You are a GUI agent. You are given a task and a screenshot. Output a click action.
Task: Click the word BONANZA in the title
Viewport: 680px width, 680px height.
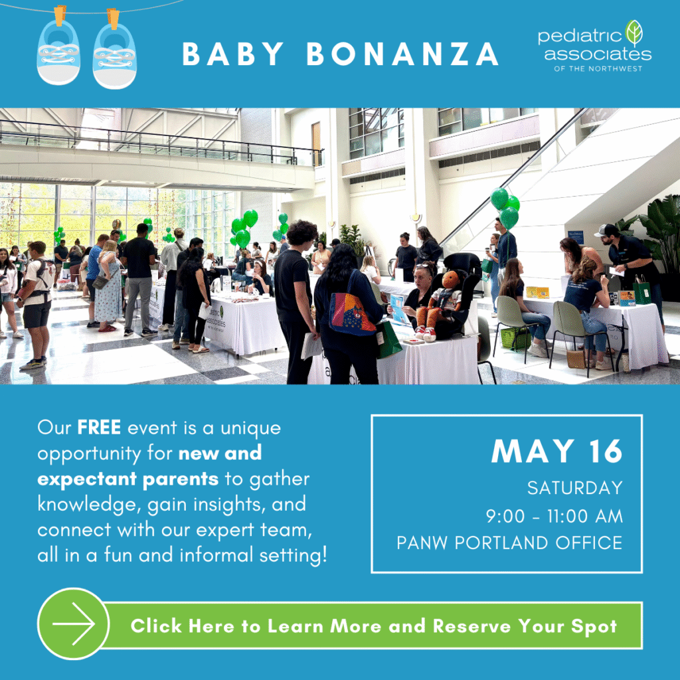point(402,54)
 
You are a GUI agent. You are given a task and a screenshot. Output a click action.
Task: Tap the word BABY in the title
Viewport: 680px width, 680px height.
point(233,54)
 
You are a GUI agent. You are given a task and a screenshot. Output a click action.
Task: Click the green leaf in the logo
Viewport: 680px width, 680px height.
point(634,33)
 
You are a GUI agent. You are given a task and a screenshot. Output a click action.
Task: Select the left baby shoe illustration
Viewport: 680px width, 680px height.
point(58,50)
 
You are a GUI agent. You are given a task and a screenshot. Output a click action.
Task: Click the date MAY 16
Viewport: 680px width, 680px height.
point(557,452)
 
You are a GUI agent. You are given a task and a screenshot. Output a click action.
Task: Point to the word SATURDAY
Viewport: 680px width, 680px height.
point(574,488)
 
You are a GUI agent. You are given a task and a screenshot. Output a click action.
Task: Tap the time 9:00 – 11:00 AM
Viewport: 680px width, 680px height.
point(554,516)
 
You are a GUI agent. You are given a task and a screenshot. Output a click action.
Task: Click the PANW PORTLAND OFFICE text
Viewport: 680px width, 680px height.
point(509,543)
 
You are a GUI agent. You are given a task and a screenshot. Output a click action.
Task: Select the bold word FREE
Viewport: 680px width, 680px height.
point(99,428)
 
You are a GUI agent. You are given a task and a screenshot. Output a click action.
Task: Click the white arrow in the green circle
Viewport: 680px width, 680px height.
point(74,624)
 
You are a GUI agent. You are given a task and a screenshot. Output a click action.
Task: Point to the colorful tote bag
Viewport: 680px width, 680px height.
point(352,313)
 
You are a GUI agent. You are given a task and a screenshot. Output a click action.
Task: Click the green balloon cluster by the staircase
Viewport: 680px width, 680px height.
point(505,207)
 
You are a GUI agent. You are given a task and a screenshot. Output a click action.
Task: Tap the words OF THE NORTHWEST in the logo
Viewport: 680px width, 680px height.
point(598,68)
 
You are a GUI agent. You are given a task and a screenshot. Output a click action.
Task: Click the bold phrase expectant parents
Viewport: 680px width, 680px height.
point(128,479)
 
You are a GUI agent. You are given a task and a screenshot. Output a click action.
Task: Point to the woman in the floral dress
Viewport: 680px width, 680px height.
point(108,286)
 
